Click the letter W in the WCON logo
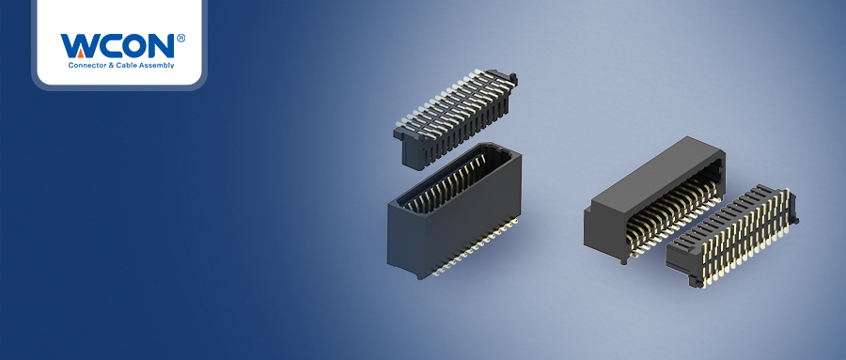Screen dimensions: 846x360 coord(79,46)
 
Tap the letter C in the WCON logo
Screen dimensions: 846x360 coord(110,46)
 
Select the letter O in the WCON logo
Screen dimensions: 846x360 coord(135,46)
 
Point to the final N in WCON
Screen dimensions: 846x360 coord(162,46)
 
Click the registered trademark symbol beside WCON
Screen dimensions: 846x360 coord(180,38)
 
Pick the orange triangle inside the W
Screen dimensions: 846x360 coord(80,53)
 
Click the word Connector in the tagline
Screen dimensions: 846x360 coord(83,65)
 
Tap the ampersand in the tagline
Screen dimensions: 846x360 coord(104,65)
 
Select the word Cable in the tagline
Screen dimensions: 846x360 coord(118,65)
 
